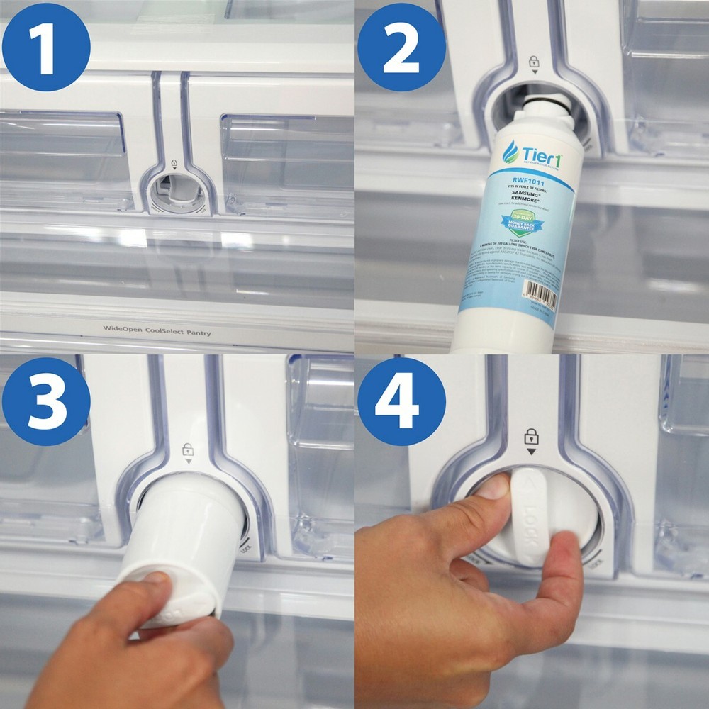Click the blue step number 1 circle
[46, 46]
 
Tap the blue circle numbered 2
[401, 46]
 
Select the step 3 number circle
[46, 401]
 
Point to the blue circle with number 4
[401, 401]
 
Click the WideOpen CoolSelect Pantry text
[157, 330]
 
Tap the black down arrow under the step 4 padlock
[530, 451]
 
